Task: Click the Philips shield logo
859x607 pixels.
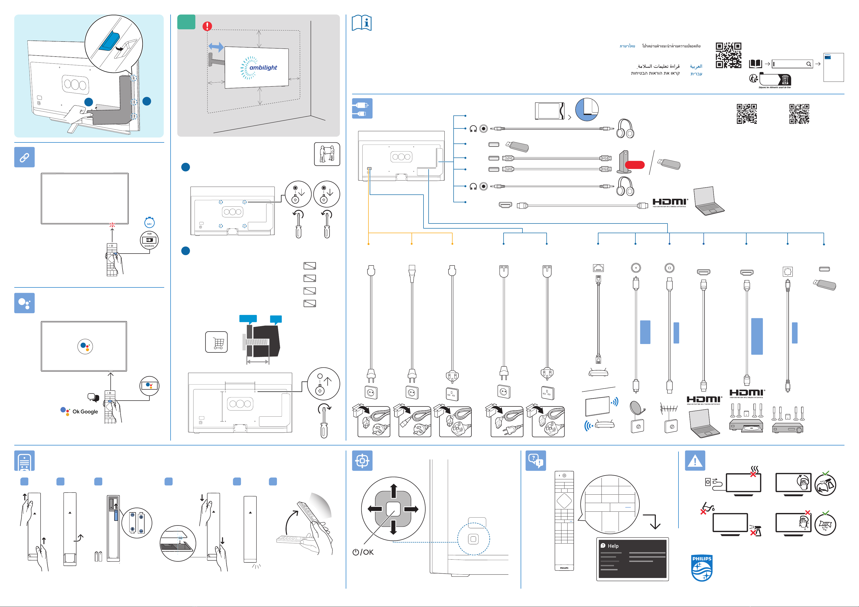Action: click(x=701, y=568)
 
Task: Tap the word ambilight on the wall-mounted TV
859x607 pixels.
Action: click(x=263, y=68)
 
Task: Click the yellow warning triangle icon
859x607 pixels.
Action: click(x=695, y=460)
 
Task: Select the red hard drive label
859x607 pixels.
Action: click(x=635, y=165)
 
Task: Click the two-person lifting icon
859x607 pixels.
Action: click(x=327, y=154)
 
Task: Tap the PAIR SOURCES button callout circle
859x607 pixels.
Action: click(x=149, y=240)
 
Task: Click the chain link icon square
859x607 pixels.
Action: click(x=24, y=157)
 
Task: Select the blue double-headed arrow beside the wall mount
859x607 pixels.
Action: click(x=216, y=47)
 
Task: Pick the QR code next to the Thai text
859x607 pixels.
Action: click(x=728, y=55)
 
